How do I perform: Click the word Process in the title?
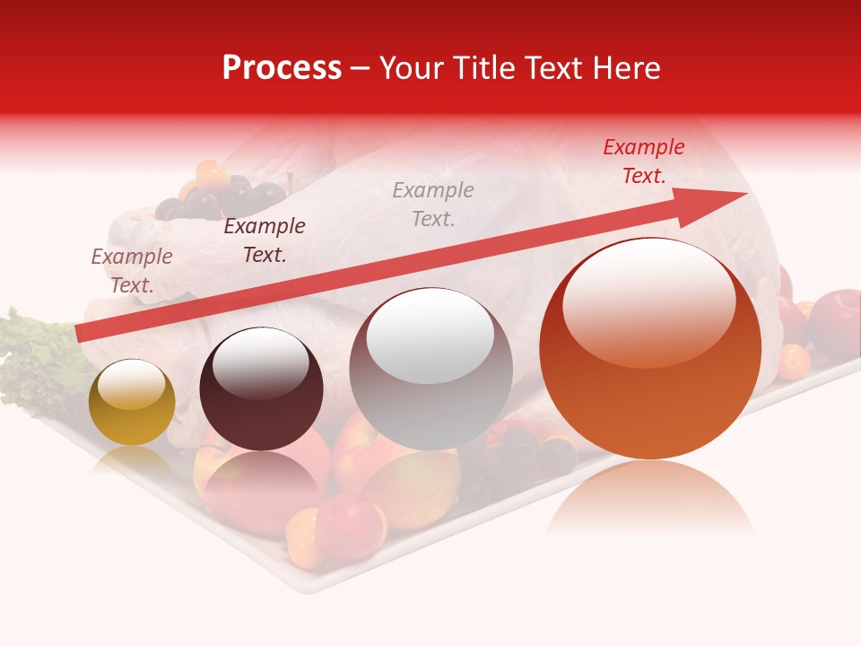point(282,68)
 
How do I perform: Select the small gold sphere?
point(132,402)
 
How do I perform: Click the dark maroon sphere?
point(261,389)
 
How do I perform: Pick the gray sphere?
point(430,369)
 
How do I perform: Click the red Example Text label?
point(643,161)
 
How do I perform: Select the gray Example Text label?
point(432,204)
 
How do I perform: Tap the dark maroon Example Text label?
point(264,240)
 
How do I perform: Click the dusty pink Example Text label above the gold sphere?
point(132,270)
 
